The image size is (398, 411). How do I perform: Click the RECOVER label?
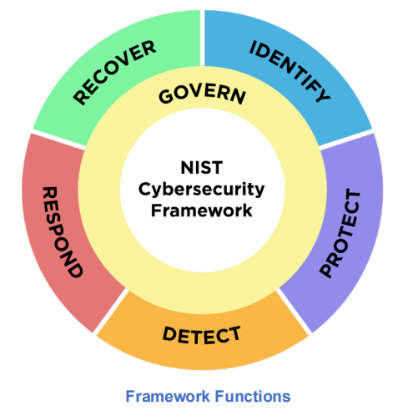[114, 73]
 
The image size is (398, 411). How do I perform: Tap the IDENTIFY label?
[290, 71]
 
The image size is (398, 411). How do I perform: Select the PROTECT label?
[340, 233]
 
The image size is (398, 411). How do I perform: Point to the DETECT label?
[201, 335]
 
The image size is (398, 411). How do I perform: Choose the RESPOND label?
[63, 232]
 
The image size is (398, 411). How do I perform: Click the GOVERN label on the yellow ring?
[202, 95]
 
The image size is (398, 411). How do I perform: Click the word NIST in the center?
[202, 167]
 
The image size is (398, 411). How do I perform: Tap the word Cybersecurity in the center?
[201, 190]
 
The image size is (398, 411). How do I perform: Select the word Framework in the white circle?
[202, 211]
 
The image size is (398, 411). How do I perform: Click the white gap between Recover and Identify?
[202, 38]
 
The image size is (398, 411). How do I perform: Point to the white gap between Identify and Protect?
[346, 139]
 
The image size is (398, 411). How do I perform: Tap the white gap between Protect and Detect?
[294, 311]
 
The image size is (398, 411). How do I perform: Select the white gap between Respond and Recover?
[58, 139]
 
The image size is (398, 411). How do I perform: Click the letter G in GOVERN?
[166, 97]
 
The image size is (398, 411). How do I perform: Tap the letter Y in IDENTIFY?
[323, 94]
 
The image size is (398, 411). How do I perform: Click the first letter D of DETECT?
[169, 333]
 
